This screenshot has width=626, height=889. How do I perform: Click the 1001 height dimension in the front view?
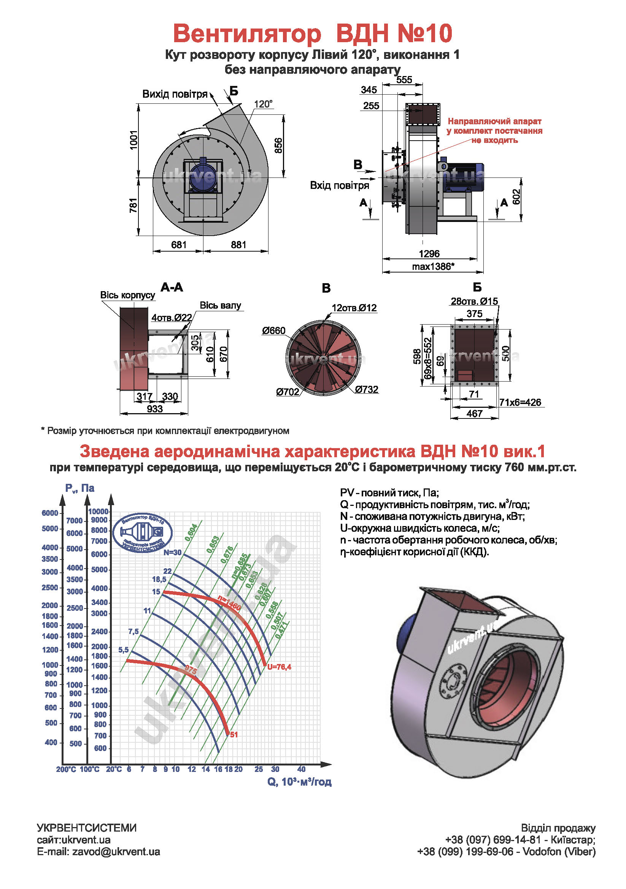133,140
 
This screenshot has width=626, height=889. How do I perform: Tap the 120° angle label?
263,104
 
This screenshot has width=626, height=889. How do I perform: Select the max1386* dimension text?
433,266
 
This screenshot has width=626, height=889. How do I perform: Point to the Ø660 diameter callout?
273,331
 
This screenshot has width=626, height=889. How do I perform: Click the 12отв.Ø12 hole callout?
354,308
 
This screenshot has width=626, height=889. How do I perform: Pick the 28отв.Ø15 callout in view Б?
474,301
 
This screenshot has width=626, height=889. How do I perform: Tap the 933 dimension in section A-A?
154,409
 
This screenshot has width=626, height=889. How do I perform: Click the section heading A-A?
172,287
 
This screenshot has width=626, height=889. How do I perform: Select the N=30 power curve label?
172,553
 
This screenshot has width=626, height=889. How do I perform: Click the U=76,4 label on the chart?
279,667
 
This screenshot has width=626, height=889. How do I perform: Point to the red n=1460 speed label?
229,603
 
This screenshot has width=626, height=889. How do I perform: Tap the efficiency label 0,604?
191,532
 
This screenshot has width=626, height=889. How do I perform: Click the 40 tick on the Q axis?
301,769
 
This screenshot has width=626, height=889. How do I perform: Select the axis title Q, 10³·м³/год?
299,782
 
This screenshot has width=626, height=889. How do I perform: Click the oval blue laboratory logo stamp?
142,533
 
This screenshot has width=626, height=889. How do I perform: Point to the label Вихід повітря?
175,94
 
